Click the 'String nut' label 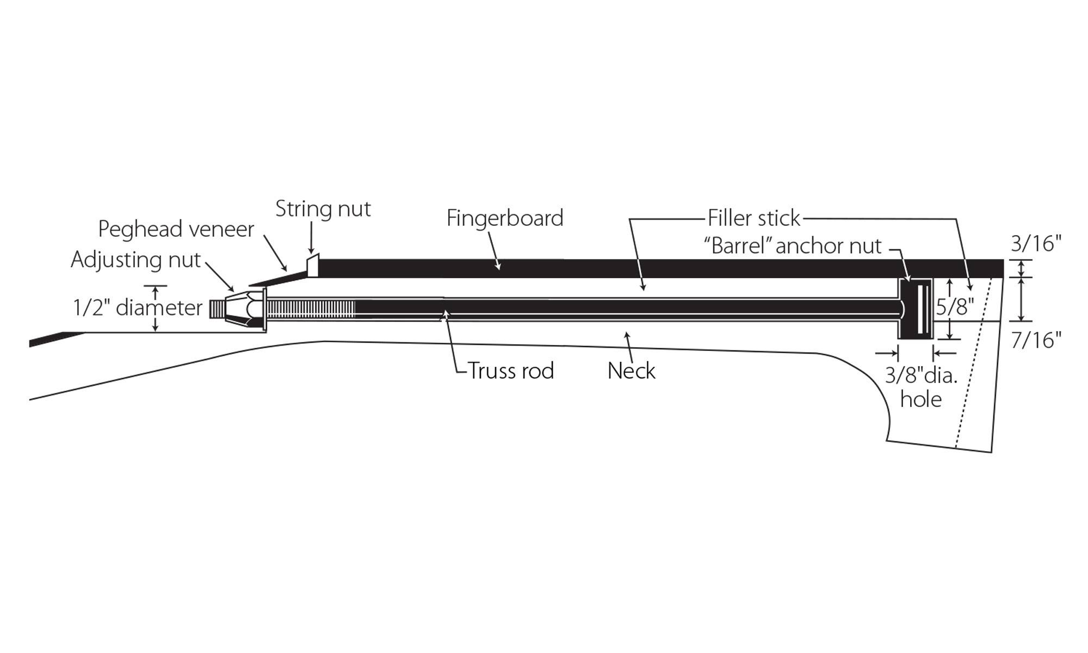[323, 209]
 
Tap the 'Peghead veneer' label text [176, 230]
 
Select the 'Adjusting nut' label [135, 260]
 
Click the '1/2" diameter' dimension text [138, 308]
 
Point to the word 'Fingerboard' [504, 218]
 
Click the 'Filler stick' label [753, 218]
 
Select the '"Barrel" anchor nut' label [793, 246]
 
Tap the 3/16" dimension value [1036, 244]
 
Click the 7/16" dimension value [1036, 341]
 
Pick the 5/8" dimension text [955, 308]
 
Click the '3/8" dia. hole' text [921, 387]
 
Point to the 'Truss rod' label [510, 371]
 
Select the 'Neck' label [631, 371]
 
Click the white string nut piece [313, 266]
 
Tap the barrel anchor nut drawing [915, 309]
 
